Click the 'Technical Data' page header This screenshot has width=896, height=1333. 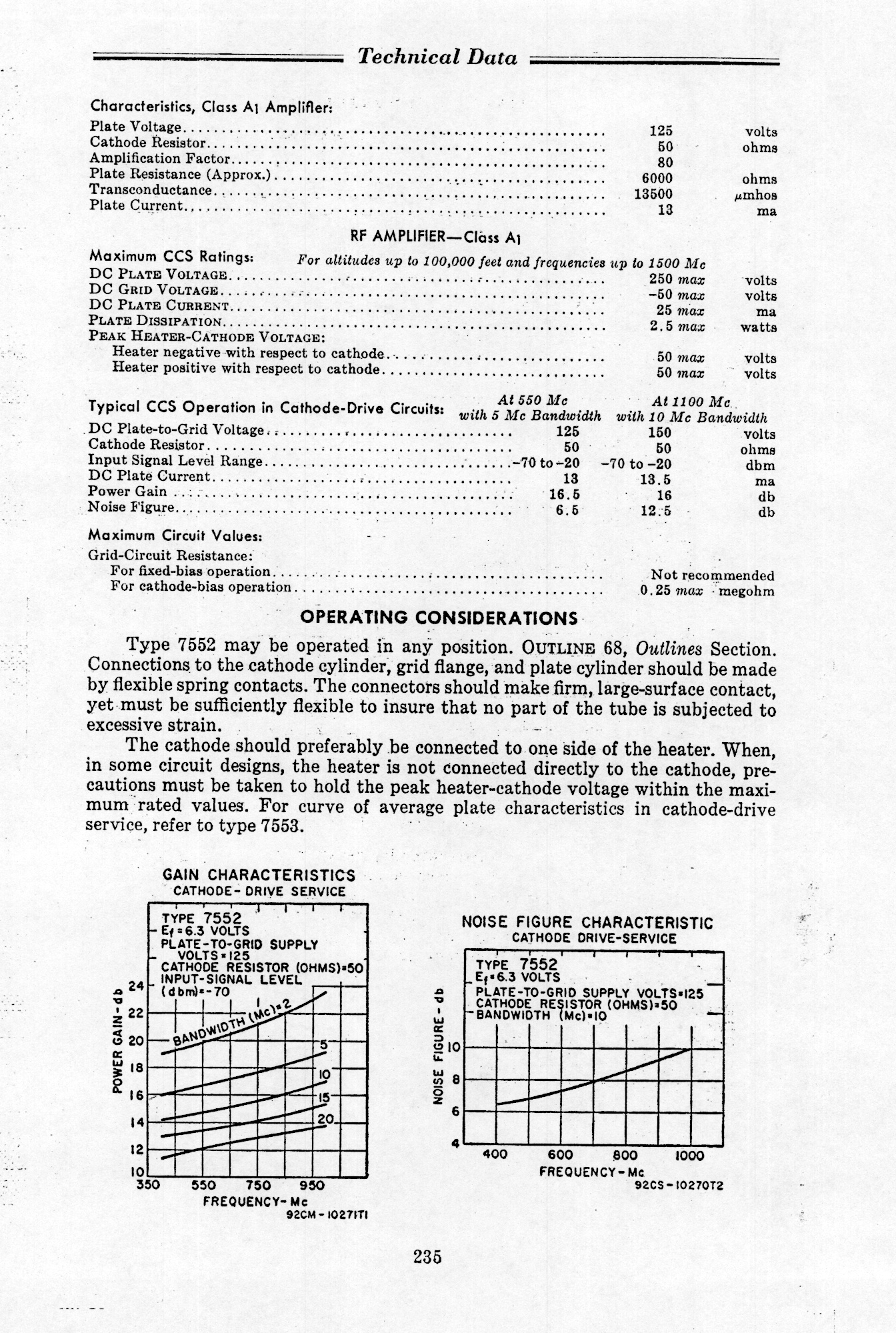tap(437, 57)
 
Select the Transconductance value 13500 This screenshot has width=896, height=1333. tap(653, 194)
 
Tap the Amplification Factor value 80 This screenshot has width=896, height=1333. tap(665, 163)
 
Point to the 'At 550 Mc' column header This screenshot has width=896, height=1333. tap(532, 401)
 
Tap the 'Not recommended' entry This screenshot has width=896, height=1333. tap(713, 575)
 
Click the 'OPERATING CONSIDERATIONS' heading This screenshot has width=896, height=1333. tap(439, 617)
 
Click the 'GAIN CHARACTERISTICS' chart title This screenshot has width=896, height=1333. tap(259, 875)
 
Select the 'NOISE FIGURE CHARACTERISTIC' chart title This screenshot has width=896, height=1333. tap(587, 923)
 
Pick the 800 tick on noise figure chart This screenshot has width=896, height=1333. tap(625, 1156)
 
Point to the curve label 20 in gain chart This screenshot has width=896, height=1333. tap(325, 1120)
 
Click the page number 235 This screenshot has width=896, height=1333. tap(427, 1257)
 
